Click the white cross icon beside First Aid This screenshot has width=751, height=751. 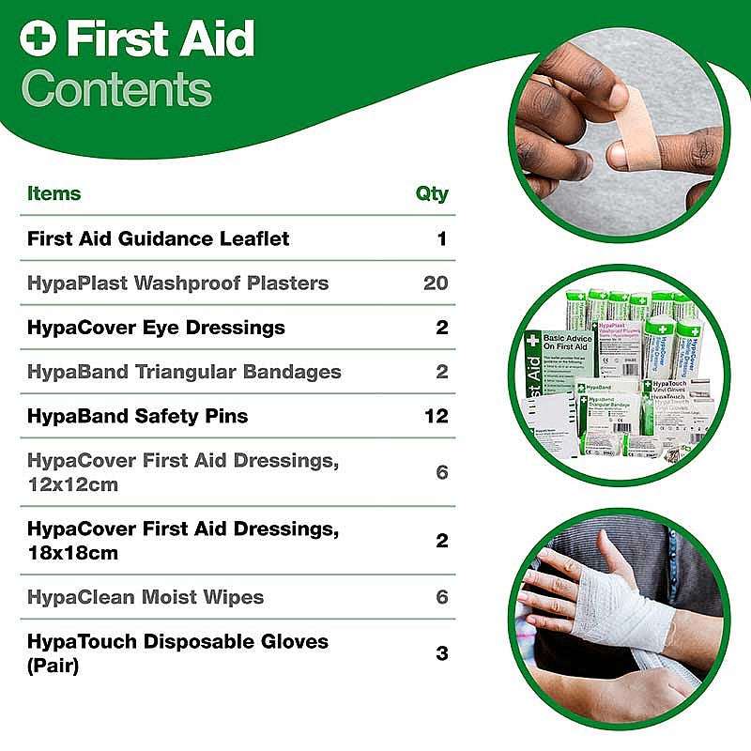(38, 39)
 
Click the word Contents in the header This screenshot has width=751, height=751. (116, 89)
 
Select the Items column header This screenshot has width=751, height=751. (54, 194)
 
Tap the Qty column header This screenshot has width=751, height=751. (432, 194)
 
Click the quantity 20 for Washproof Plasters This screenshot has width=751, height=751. (436, 283)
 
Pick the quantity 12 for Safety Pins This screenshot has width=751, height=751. (437, 415)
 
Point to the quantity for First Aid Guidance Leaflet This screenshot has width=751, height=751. (441, 238)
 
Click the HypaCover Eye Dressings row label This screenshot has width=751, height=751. (156, 328)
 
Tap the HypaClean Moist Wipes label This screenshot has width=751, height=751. (146, 597)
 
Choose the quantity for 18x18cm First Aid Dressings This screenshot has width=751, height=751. (442, 541)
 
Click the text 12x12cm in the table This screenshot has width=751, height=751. (73, 484)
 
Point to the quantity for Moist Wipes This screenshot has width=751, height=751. (442, 597)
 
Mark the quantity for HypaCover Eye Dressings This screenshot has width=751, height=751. (442, 328)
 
